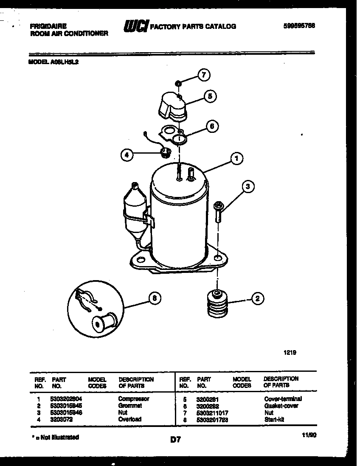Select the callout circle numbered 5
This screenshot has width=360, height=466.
pos(209,96)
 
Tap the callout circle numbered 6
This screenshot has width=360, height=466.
pos(212,126)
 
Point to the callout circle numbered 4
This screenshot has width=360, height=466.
pos(126,155)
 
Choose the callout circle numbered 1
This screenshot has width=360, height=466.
pos(236,159)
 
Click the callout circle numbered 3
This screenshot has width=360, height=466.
pos(249,186)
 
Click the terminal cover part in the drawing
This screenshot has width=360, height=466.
pos(173,105)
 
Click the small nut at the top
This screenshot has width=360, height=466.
pos(179,83)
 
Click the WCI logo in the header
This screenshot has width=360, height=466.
pos(135,26)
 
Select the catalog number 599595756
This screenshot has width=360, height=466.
pos(299,25)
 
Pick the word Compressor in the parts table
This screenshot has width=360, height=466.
pos(133,399)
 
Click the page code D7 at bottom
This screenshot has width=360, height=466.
pos(175,440)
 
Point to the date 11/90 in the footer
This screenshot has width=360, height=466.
pos(309,435)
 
